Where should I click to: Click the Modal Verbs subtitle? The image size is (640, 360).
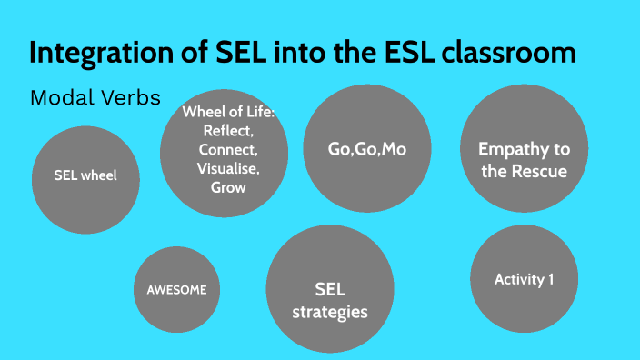pos(95,97)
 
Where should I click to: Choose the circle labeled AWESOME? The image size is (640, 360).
pos(177,290)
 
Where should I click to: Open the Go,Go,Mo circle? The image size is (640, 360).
pos(366,149)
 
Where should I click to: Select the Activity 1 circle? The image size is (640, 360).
pos(524,279)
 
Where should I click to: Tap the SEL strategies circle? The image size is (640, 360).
pos(328,289)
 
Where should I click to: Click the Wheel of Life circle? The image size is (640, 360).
pos(224,152)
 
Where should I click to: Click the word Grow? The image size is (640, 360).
pos(228,187)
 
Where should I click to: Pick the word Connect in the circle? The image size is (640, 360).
pos(228,149)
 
